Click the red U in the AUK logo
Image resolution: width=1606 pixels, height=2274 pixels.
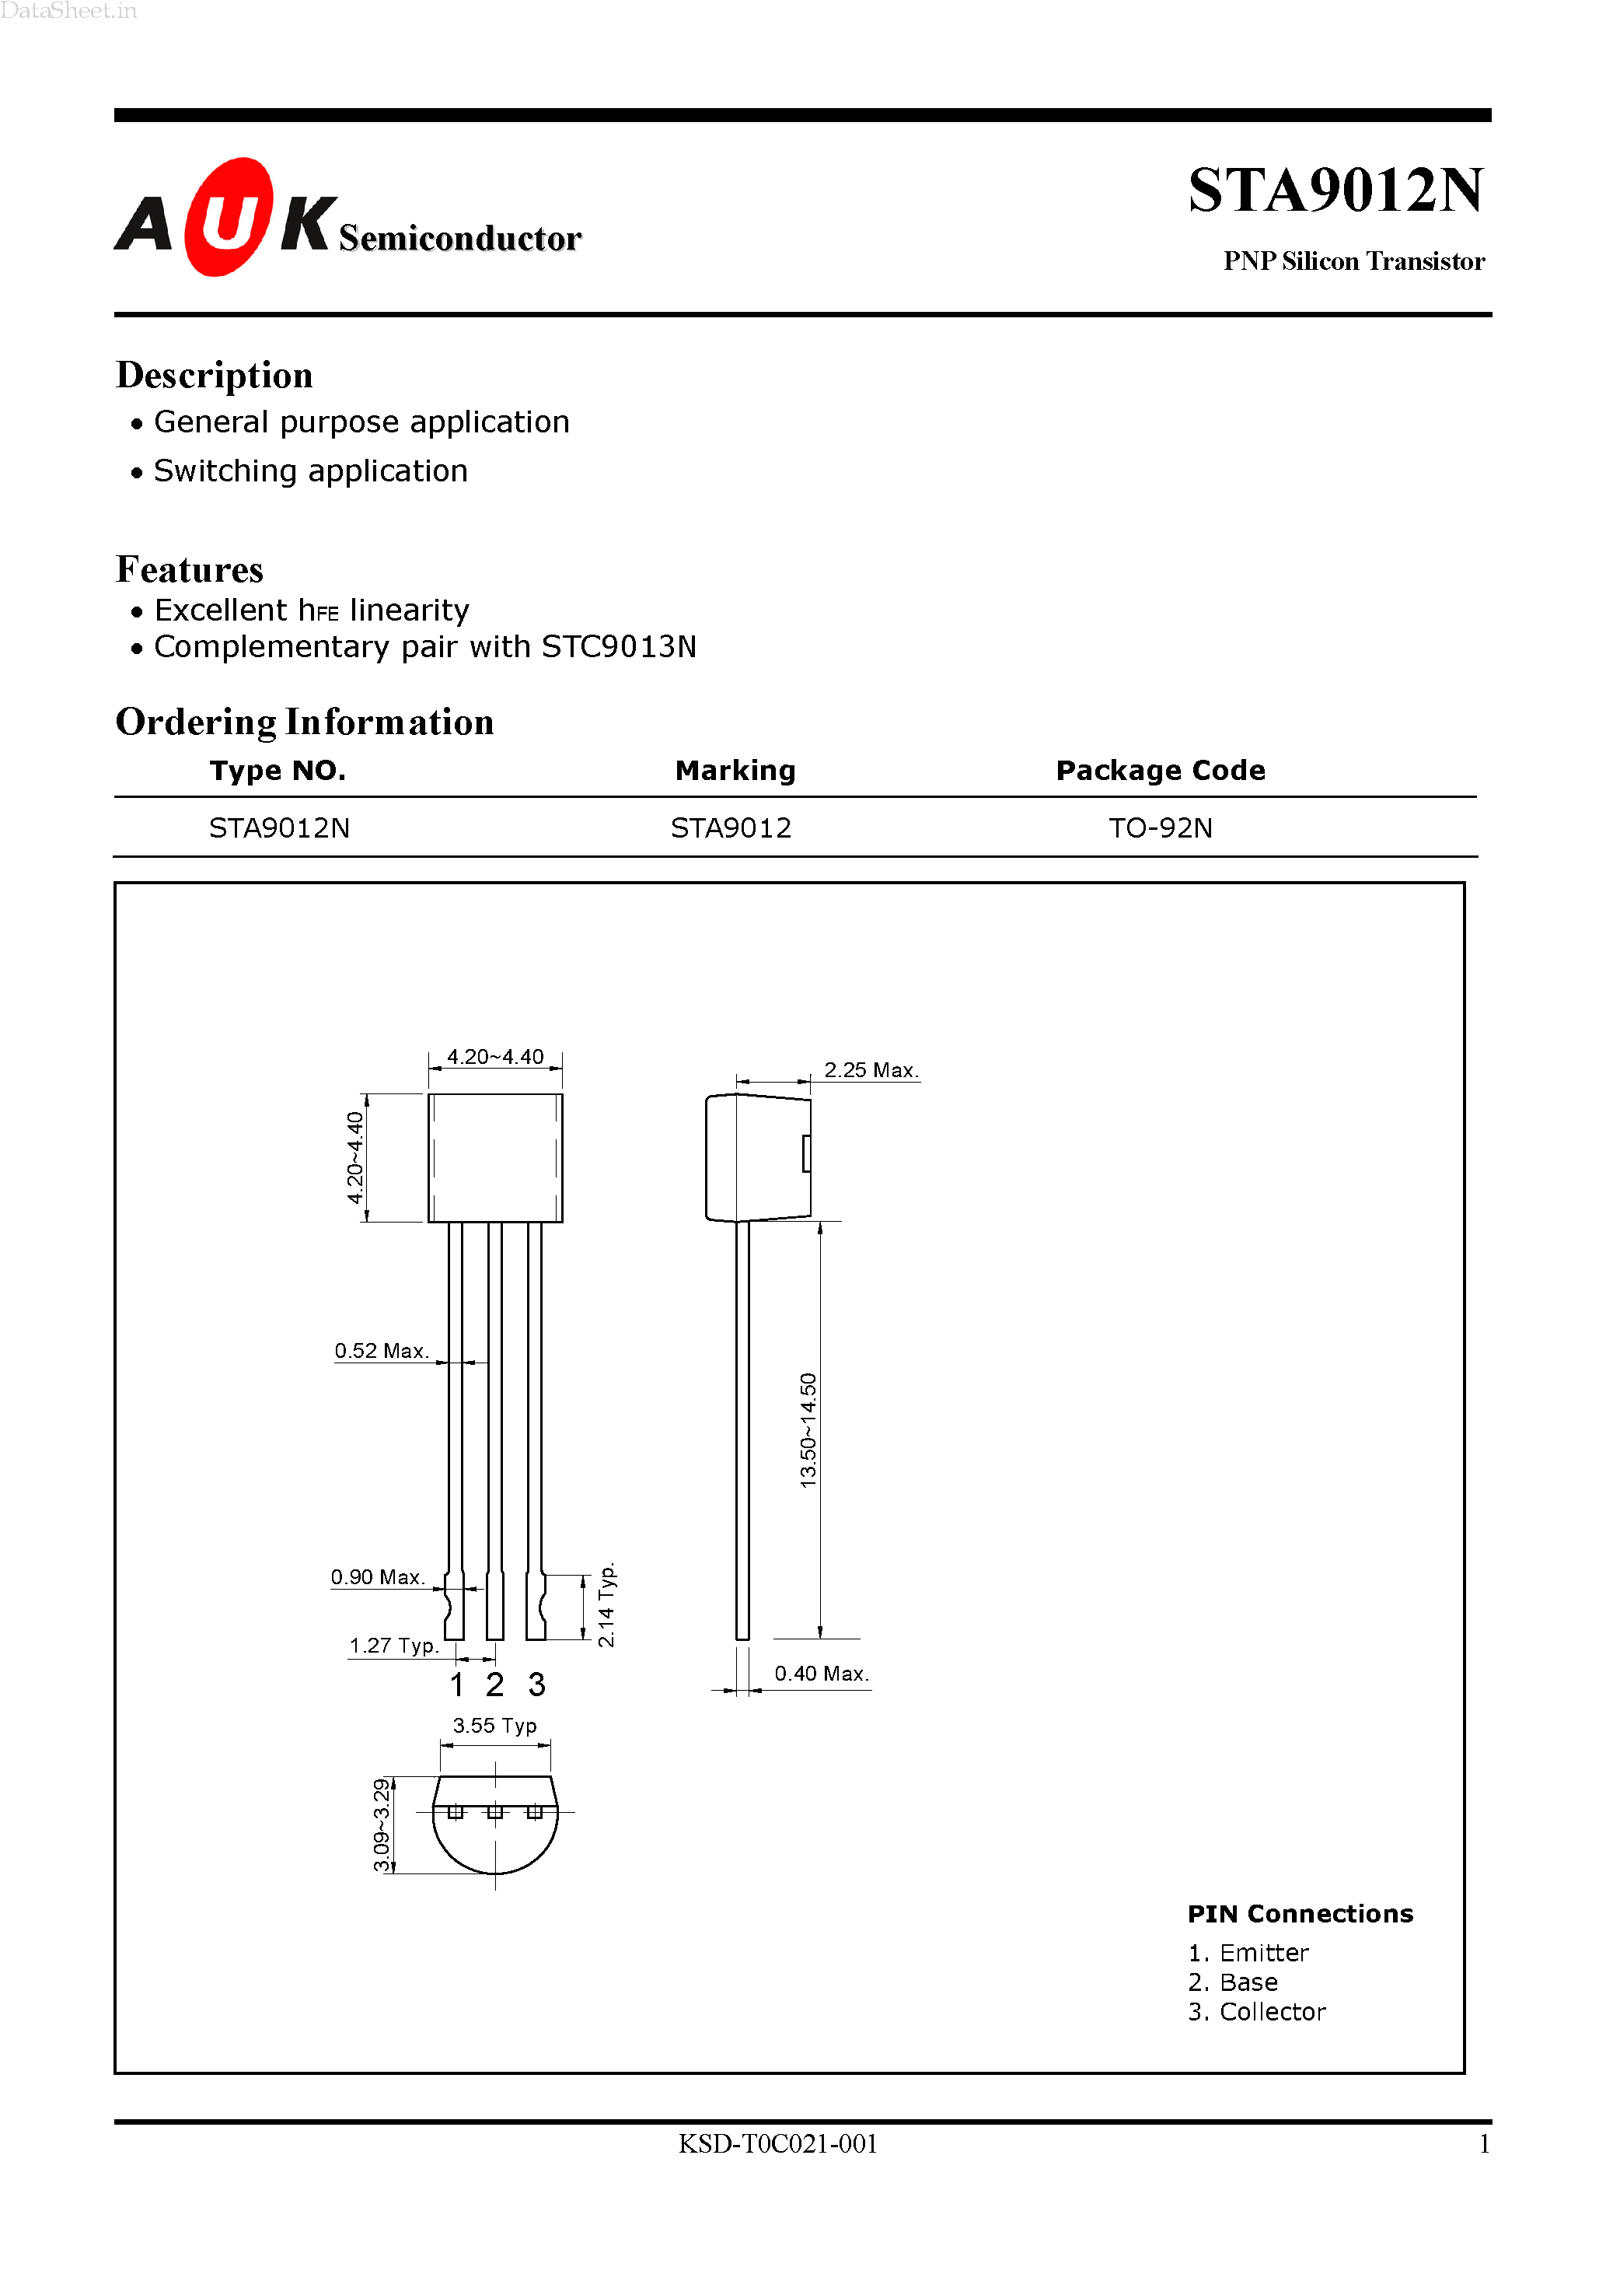pos(228,218)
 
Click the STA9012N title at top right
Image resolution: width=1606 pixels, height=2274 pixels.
pos(1335,191)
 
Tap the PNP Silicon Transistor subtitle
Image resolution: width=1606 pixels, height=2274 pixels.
pos(1353,261)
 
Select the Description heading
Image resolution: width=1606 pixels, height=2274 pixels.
pos(214,376)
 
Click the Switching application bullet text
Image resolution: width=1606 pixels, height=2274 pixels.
pos(310,471)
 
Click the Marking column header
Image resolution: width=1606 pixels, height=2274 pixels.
pos(735,771)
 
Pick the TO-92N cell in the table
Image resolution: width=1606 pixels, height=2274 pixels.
pos(1160,828)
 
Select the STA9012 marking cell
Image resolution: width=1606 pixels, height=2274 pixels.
pos(731,828)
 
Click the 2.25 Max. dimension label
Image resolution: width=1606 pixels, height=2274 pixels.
pos(871,1069)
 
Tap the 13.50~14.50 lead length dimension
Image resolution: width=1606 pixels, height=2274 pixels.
pos(808,1430)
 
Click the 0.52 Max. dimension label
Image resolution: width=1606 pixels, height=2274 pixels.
pos(380,1351)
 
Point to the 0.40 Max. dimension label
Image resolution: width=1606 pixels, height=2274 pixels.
pos(821,1674)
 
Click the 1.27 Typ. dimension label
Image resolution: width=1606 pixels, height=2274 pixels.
pos(393,1646)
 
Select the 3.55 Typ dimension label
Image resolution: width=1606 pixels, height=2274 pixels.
pos(494,1725)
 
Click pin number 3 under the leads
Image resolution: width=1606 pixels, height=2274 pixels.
pos(536,1685)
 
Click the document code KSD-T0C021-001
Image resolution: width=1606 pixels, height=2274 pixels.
pos(777,2144)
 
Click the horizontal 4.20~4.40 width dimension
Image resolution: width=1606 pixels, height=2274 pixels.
pos(495,1057)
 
